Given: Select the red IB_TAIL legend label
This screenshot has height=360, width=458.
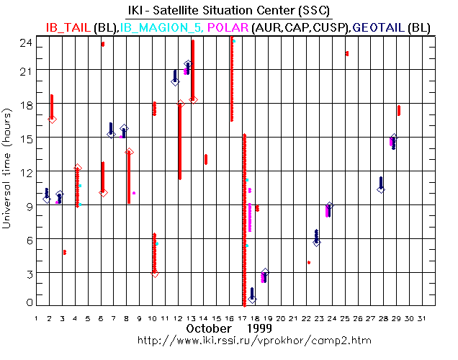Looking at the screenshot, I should click(68, 27).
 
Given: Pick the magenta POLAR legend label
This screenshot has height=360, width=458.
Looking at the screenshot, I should click(227, 27).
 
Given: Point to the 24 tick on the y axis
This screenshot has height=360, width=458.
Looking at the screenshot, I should click(25, 42).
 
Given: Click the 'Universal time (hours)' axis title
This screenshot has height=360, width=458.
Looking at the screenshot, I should click(6, 173).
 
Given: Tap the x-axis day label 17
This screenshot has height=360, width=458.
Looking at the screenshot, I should click(243, 318).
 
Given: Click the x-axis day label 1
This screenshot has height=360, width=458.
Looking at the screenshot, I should click(37, 318).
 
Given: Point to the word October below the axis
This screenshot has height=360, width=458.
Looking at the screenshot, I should click(208, 328).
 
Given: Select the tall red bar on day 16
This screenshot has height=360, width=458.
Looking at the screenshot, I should click(231, 79).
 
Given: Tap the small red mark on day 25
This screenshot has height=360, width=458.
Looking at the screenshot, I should click(347, 53).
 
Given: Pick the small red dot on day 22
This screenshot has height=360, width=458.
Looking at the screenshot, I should click(308, 262).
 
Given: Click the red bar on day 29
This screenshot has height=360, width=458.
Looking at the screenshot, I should click(398, 110).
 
